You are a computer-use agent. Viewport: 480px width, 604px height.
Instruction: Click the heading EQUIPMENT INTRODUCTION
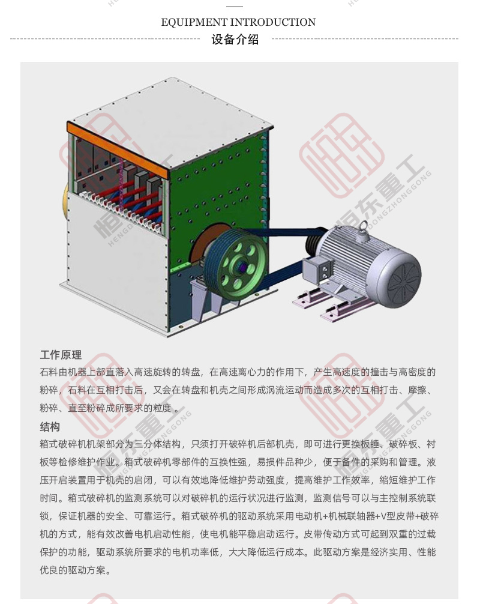coord(238,22)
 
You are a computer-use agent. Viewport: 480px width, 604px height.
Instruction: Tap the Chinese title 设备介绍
coord(235,39)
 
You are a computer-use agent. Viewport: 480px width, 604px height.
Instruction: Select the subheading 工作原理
coord(61,355)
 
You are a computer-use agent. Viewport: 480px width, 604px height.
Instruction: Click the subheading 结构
coord(50,427)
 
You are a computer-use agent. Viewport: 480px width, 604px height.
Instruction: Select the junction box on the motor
coord(317,269)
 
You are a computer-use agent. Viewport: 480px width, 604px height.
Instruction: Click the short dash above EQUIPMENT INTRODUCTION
coord(235,7)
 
